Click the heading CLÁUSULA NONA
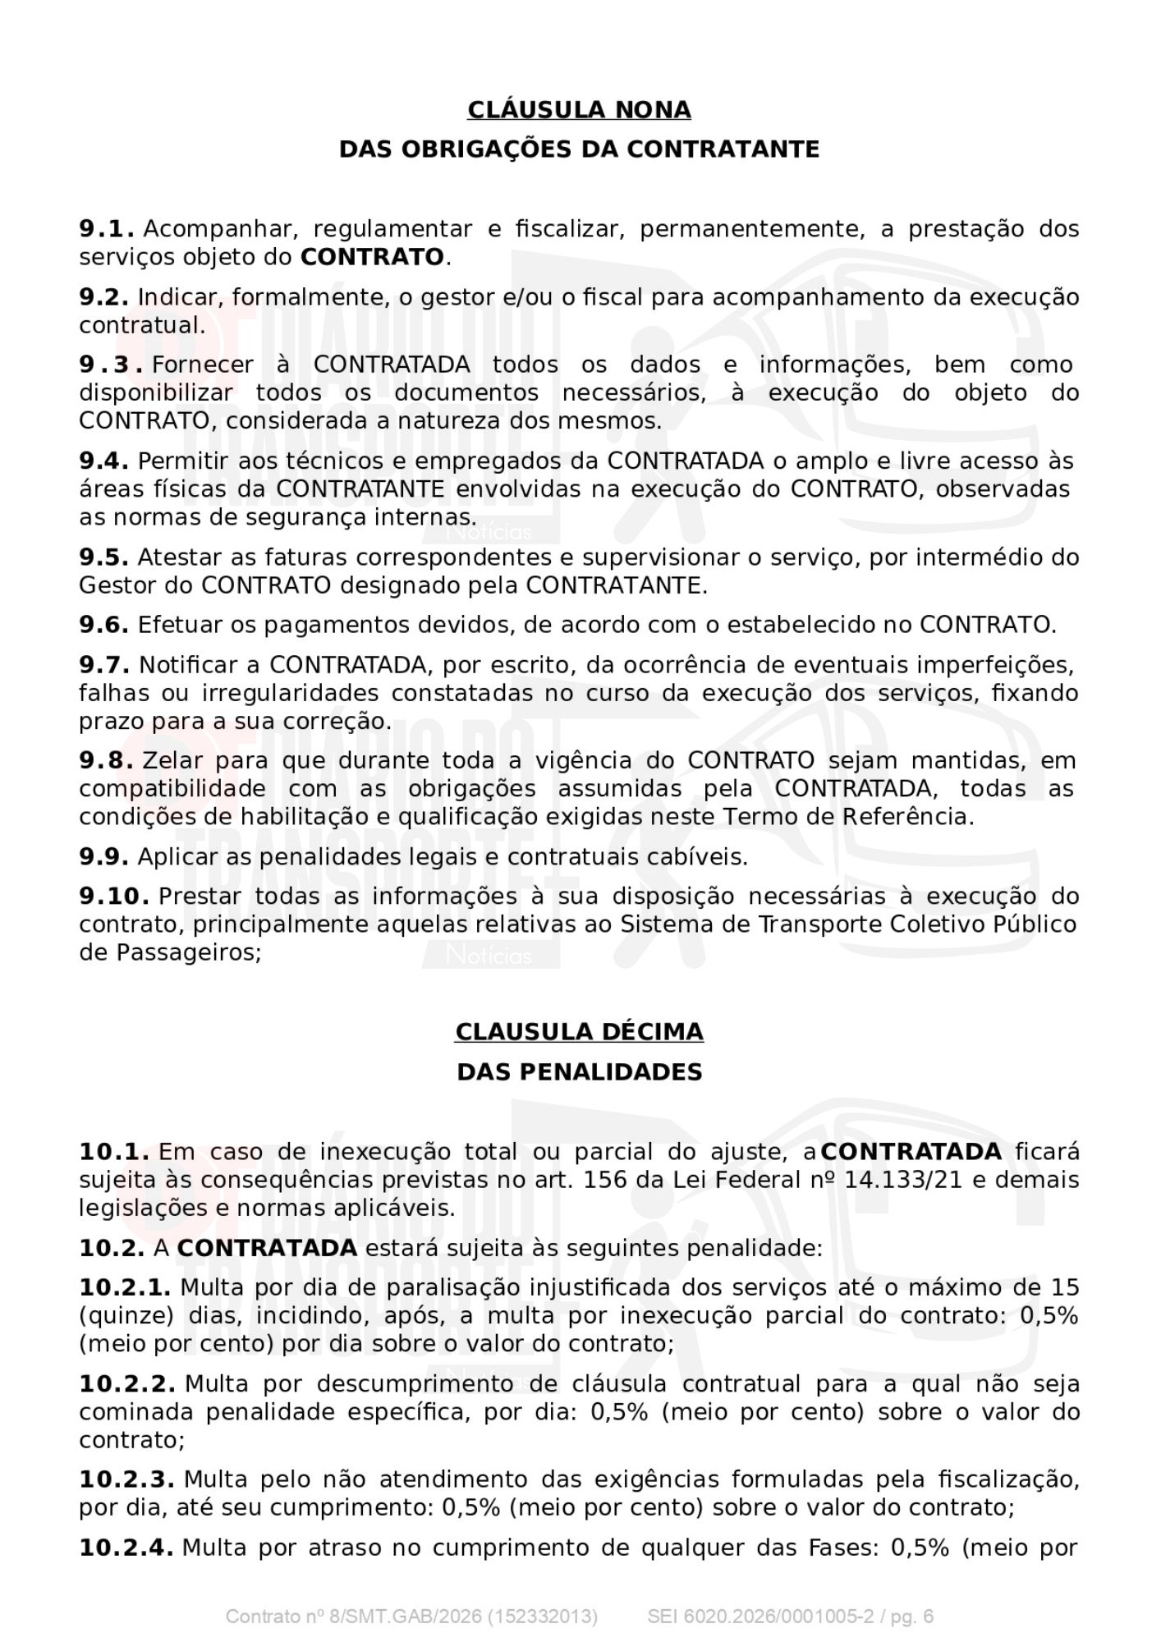pyautogui.click(x=579, y=110)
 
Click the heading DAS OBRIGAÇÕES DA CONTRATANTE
pyautogui.click(x=579, y=149)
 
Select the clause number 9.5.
pyautogui.click(x=103, y=557)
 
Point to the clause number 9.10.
pyautogui.click(x=114, y=897)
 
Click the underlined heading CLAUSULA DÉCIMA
pyautogui.click(x=579, y=1032)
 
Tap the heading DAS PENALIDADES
pyautogui.click(x=579, y=1072)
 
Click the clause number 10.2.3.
pyautogui.click(x=126, y=1479)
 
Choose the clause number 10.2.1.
pyautogui.click(x=125, y=1287)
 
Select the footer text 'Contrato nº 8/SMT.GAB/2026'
pyautogui.click(x=353, y=1617)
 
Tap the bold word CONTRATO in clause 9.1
pyautogui.click(x=372, y=258)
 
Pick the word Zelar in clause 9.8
pyautogui.click(x=174, y=761)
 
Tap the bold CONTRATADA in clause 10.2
pyautogui.click(x=267, y=1249)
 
